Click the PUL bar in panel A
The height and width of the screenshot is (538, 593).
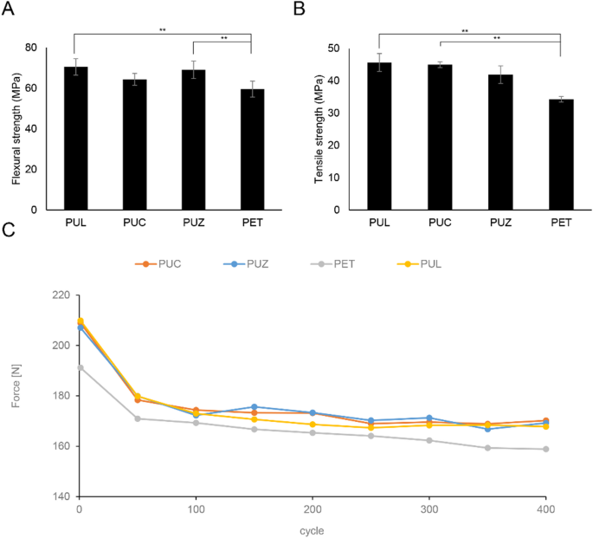76,138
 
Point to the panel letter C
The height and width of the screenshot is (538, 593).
9,230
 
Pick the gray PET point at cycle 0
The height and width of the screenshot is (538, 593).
81,367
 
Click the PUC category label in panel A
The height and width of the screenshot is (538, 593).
134,223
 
